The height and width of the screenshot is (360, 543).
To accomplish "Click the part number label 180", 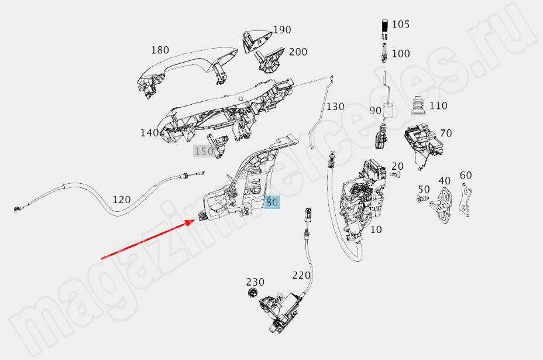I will coord(160,50).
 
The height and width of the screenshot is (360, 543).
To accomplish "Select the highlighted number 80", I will coord(272,203).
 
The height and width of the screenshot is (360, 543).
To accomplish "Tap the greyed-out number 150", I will coord(204,152).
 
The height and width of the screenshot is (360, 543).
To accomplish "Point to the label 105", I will coord(401,25).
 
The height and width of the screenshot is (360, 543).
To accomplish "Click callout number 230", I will coord(255,282).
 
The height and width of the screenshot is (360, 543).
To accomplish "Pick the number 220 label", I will coord(302,275).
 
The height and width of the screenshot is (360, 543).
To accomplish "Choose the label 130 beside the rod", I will coord(335,107).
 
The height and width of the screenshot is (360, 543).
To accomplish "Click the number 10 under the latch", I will coord(376,229).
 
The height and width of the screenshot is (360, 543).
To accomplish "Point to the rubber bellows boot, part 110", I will coord(418,107).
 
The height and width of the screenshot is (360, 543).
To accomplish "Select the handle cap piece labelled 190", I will coord(255,37).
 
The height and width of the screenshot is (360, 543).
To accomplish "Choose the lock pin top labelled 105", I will coord(384,26).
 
